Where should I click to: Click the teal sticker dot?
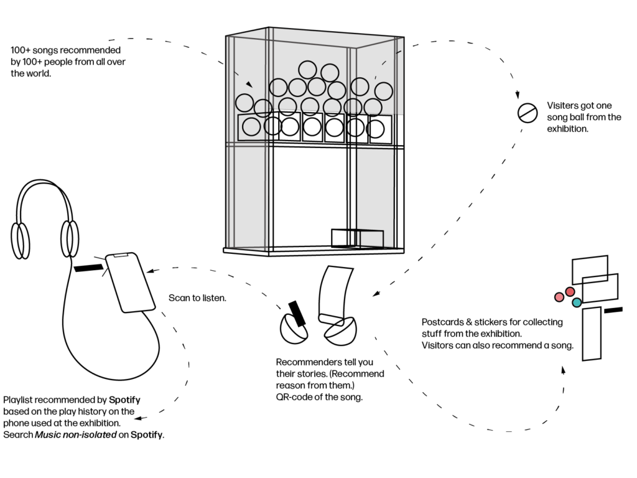(577, 302)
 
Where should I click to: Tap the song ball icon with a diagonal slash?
(527, 113)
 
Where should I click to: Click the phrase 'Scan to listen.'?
(197, 298)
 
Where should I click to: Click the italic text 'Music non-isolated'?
(75, 434)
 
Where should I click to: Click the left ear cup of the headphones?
(20, 240)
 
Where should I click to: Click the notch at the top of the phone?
(121, 255)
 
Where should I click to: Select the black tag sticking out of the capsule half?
(297, 313)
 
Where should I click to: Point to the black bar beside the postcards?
(613, 309)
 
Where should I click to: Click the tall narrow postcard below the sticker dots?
(592, 333)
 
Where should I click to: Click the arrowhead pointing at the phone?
(150, 271)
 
